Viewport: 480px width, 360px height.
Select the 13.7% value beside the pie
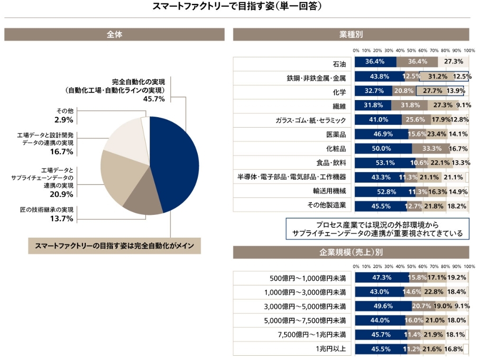click(62, 219)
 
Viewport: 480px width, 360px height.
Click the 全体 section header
click(114, 34)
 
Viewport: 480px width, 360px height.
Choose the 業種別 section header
click(351, 34)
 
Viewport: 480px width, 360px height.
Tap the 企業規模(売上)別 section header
click(351, 252)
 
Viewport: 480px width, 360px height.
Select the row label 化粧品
click(336, 148)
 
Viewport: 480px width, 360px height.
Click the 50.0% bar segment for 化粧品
click(383, 148)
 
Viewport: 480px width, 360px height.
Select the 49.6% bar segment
click(383, 306)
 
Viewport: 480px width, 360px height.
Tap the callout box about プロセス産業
click(378, 229)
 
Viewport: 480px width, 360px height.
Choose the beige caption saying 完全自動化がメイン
click(115, 247)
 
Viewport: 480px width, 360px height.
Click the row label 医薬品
click(336, 134)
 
